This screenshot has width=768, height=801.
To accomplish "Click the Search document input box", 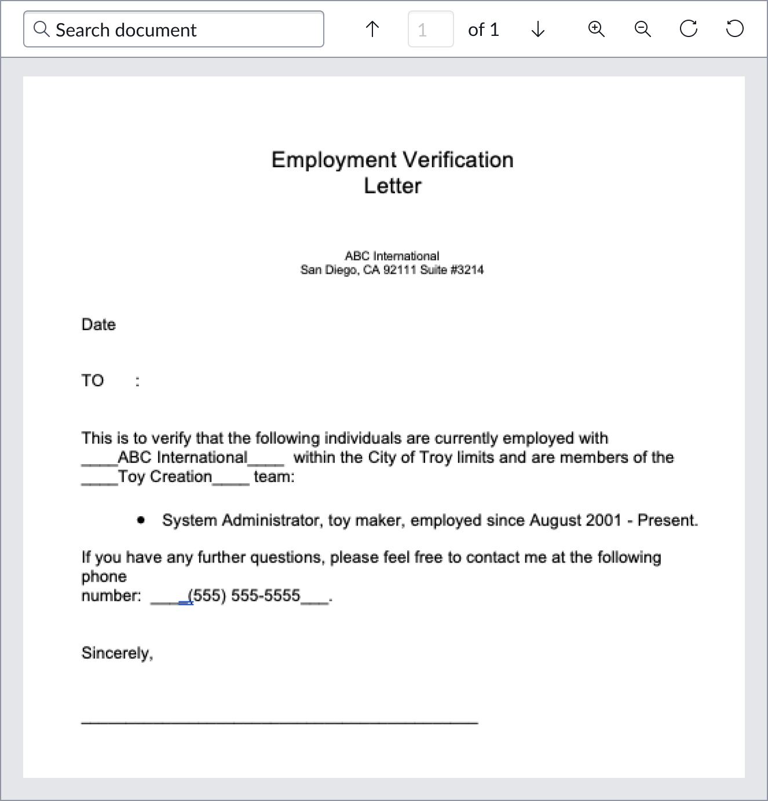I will (174, 30).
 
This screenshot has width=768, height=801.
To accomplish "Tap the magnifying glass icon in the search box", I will (41, 29).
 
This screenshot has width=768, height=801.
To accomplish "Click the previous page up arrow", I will (372, 29).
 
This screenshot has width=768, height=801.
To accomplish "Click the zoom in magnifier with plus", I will (596, 29).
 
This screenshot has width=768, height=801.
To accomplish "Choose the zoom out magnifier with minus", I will (642, 29).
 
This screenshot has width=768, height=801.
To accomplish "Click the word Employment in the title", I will (334, 160).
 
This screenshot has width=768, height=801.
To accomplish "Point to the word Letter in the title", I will (393, 186).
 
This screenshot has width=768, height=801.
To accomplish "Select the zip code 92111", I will (400, 270).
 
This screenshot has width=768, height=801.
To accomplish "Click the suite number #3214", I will (467, 270).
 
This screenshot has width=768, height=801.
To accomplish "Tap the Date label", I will (98, 325).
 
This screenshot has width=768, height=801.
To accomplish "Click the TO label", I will (93, 381).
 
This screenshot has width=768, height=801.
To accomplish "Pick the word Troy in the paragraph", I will (436, 458).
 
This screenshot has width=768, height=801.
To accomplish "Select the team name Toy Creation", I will (165, 477).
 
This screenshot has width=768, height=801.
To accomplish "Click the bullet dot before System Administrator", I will (141, 520).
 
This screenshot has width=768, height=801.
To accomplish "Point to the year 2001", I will (604, 520).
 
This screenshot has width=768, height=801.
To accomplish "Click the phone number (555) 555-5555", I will (244, 596).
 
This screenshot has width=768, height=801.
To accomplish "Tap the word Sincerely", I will (116, 653).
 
